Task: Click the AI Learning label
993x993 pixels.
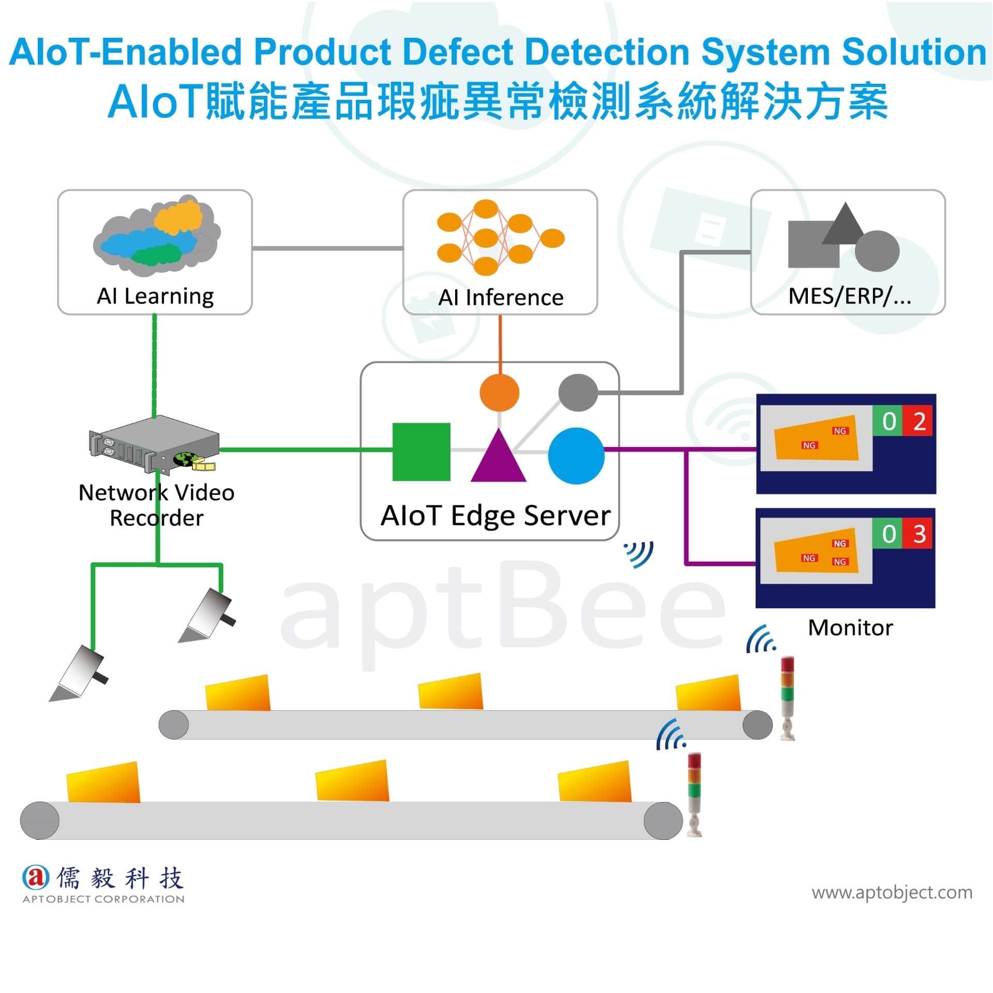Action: coord(155,296)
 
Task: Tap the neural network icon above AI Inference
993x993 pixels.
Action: coord(501,237)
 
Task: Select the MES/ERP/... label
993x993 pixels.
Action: coord(850,296)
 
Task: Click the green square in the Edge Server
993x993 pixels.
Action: coord(421,452)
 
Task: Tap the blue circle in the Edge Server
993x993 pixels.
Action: coord(576,456)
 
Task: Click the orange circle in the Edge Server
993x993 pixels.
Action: coord(499,393)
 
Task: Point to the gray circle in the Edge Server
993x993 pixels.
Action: coord(578,393)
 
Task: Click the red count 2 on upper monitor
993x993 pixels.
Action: coord(918,422)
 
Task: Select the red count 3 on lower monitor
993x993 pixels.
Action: coord(918,534)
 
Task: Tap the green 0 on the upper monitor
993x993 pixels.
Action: coord(888,422)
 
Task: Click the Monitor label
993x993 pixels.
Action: coord(850,628)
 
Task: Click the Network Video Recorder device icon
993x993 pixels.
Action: coord(154,444)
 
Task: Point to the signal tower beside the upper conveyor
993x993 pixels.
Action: coord(787,698)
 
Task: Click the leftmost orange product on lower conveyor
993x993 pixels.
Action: coord(103,782)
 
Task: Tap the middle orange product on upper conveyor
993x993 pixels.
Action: coord(450,691)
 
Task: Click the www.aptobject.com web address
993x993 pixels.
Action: coord(892,893)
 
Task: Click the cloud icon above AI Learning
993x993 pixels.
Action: coord(157,235)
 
